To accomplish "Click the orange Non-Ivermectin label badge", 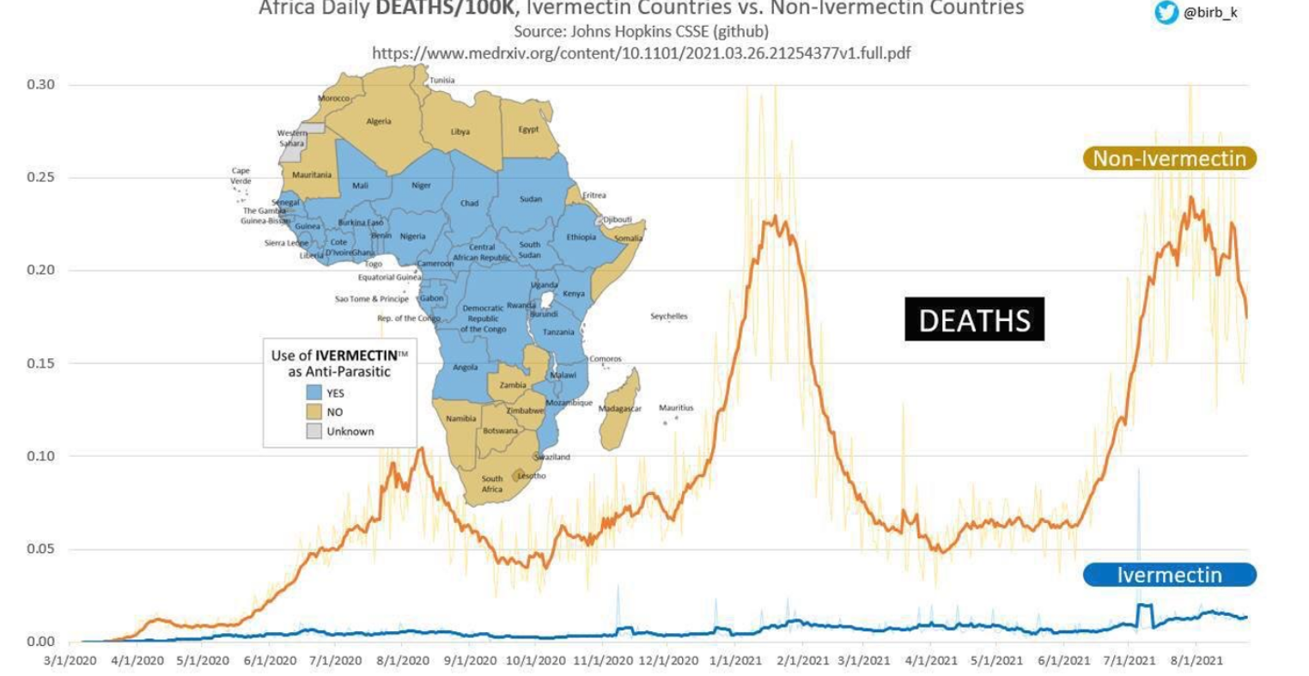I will [x=1169, y=158].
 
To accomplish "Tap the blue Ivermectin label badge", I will [x=1169, y=575].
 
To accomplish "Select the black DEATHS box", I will [x=974, y=320].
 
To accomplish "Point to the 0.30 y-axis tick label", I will [x=40, y=84].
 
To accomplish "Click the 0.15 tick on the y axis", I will [x=40, y=363].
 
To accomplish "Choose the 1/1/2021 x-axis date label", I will [x=735, y=661].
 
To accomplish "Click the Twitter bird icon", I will [x=1166, y=13].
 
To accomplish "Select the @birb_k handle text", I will [x=1211, y=13].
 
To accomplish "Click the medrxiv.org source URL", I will [x=641, y=52].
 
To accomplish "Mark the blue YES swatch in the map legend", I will [x=314, y=393].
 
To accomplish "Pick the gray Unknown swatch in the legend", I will [x=314, y=431].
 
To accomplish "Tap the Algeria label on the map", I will [x=379, y=121].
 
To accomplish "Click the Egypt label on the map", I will [x=528, y=130].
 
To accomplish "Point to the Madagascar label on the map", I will [x=620, y=409].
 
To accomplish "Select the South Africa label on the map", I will [x=492, y=484].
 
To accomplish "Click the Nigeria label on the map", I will [x=412, y=236].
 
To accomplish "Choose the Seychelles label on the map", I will [x=668, y=316].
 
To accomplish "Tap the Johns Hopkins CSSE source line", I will [x=641, y=32].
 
